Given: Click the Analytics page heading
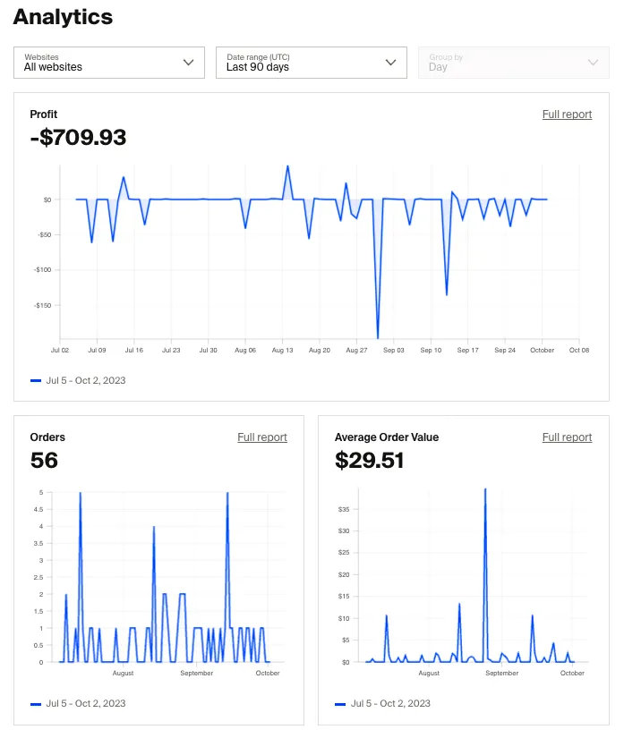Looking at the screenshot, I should pyautogui.click(x=63, y=17).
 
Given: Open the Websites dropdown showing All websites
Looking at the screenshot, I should pyautogui.click(x=109, y=63).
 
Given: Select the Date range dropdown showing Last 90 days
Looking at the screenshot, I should pyautogui.click(x=312, y=63).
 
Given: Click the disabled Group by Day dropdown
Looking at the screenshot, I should pyautogui.click(x=513, y=63).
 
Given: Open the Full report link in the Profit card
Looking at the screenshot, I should pyautogui.click(x=567, y=115).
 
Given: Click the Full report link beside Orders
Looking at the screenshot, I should pyautogui.click(x=262, y=437).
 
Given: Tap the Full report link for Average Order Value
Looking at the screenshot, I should pyautogui.click(x=567, y=437).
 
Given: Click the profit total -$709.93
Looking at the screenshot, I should pyautogui.click(x=79, y=138).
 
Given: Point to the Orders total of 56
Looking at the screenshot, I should pyautogui.click(x=44, y=461).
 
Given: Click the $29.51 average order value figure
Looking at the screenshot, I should pyautogui.click(x=369, y=461).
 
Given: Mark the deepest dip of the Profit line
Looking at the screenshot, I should pyautogui.click(x=378, y=337).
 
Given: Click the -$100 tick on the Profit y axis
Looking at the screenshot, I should pyautogui.click(x=42, y=270).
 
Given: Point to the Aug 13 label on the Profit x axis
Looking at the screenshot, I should pyautogui.click(x=283, y=351).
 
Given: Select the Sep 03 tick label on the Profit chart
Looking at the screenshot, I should pyautogui.click(x=394, y=351).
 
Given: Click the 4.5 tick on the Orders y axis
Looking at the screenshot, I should pyautogui.click(x=37, y=510).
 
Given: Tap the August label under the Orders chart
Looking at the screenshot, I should pyautogui.click(x=123, y=673).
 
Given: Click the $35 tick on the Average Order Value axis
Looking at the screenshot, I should pyautogui.click(x=344, y=510).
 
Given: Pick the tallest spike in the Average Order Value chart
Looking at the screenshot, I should pyautogui.click(x=485, y=490).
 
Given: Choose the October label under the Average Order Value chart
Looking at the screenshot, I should pyautogui.click(x=572, y=673).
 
